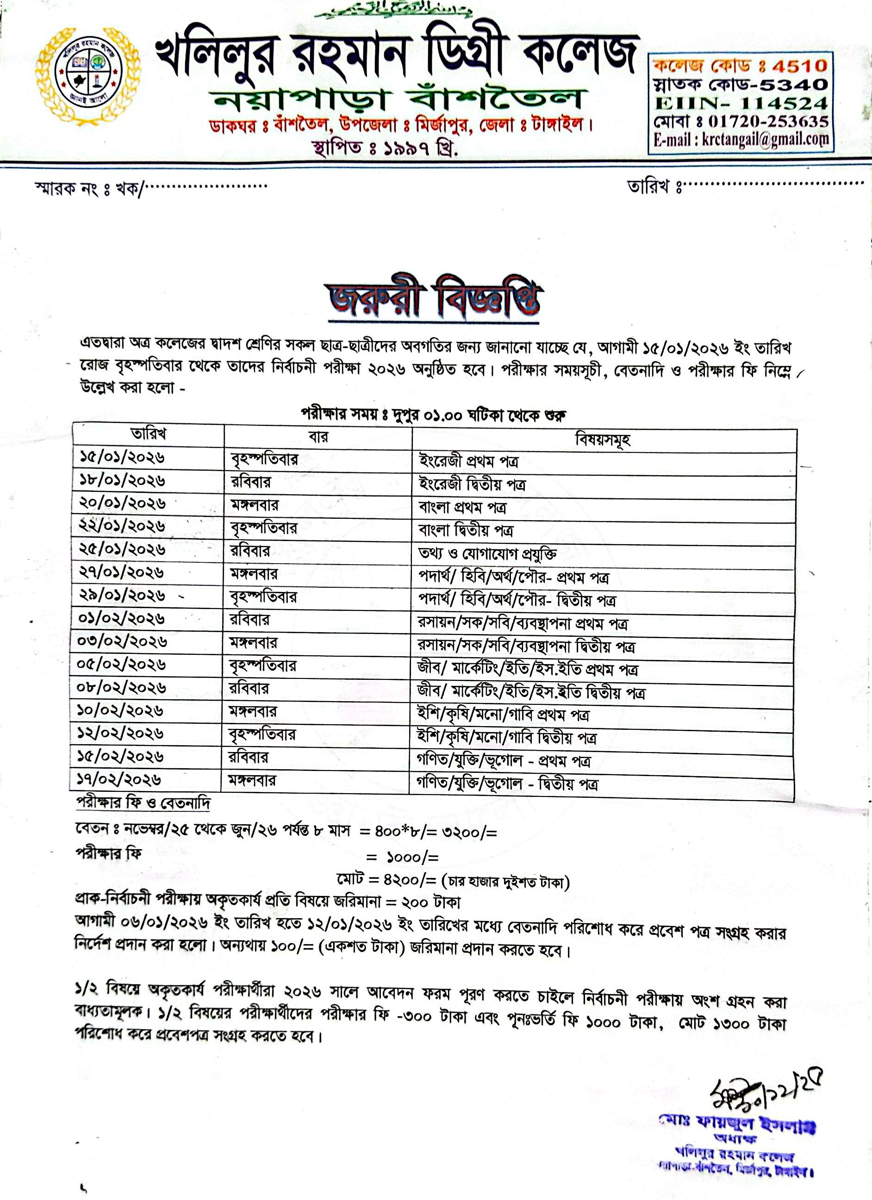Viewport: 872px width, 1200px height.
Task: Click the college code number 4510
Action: tap(799, 66)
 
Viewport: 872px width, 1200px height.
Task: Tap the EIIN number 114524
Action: tap(783, 103)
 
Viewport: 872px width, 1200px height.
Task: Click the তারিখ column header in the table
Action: tap(149, 435)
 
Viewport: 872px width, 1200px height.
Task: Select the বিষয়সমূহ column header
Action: tap(603, 439)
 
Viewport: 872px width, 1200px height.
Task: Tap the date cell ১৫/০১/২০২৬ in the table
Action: tap(123, 457)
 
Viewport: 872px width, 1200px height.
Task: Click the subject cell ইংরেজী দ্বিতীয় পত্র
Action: tap(472, 484)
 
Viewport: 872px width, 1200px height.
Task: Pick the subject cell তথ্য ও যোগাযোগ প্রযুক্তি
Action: tap(487, 553)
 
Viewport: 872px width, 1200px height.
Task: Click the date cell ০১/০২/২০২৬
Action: tap(122, 618)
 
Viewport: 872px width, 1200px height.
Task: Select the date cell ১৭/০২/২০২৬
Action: tap(119, 779)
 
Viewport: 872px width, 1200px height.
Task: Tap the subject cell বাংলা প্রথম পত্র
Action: tap(462, 507)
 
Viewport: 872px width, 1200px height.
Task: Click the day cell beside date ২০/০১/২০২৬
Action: tap(254, 504)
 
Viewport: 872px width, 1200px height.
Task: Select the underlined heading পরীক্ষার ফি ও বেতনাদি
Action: tap(143, 802)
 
